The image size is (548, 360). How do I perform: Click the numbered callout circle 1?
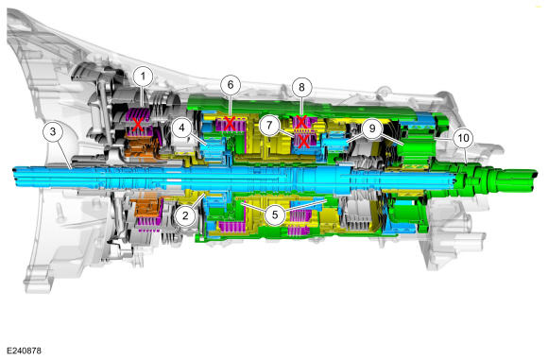click(x=143, y=77)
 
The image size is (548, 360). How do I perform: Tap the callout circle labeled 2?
click(x=185, y=215)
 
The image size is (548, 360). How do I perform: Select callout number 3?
click(x=53, y=131)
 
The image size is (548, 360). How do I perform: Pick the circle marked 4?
click(x=181, y=128)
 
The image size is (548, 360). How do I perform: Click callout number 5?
click(x=275, y=214)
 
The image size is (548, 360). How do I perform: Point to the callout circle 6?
click(x=231, y=85)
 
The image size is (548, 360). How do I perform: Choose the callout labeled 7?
click(x=269, y=125)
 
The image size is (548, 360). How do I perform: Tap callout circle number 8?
click(x=302, y=87)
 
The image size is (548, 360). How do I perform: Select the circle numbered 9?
click(x=372, y=129)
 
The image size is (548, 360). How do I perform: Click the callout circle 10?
click(x=463, y=138)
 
